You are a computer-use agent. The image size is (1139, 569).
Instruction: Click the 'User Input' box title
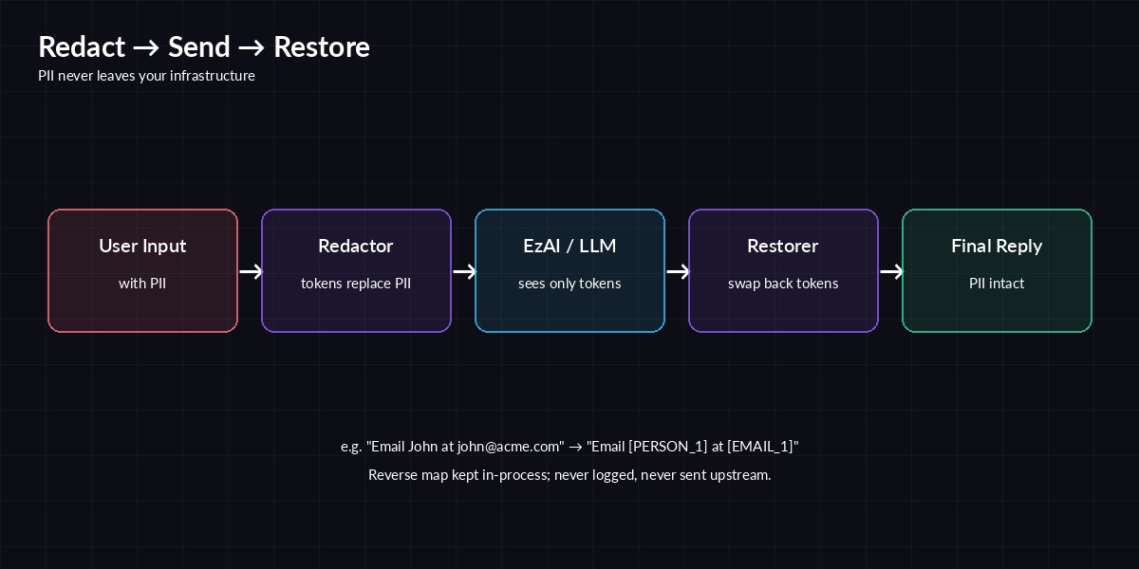(142, 247)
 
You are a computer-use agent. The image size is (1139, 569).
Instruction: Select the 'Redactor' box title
(356, 247)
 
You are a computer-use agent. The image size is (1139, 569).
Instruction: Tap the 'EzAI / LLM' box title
(569, 247)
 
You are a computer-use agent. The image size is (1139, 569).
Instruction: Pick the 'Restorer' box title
(783, 247)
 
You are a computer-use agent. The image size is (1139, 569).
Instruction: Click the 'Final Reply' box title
(997, 247)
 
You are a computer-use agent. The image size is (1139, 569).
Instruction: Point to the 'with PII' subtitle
(142, 284)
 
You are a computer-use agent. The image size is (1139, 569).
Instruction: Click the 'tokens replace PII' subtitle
(356, 284)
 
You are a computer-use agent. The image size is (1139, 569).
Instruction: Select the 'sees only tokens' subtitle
(569, 284)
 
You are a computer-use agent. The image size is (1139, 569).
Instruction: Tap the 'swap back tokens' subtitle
(783, 284)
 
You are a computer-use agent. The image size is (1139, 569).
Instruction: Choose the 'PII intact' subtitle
(997, 284)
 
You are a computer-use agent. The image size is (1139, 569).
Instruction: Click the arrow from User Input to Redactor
(251, 272)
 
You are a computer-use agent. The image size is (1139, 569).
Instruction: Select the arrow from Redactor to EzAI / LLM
(464, 272)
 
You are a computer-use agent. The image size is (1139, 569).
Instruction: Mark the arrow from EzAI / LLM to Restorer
(678, 272)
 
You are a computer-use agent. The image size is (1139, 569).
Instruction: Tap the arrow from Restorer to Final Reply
(891, 272)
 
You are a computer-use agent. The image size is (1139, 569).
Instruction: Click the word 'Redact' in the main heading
(82, 47)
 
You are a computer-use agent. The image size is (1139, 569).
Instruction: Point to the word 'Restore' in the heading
(322, 47)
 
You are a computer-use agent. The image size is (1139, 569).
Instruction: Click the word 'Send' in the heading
(199, 47)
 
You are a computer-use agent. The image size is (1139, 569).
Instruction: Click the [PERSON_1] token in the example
(674, 447)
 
